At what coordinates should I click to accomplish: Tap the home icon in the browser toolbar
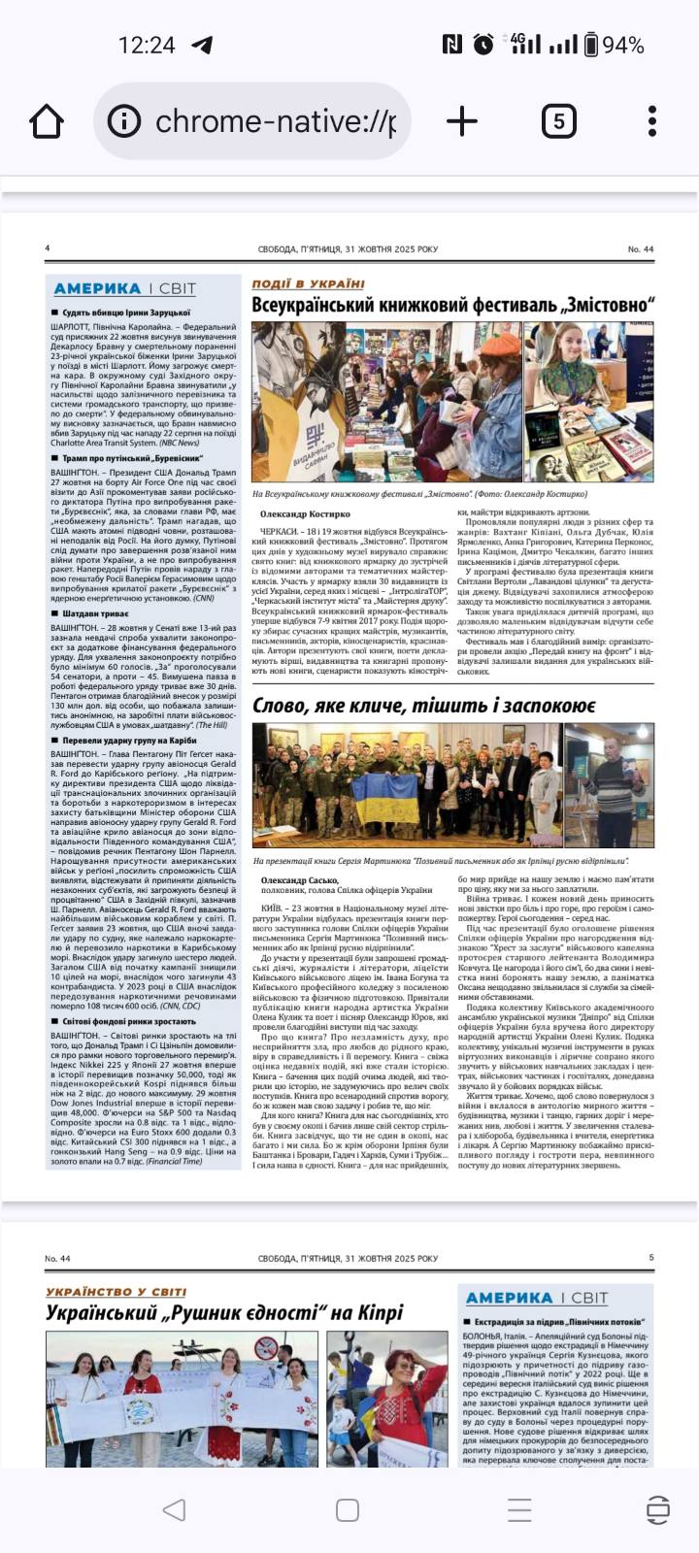point(47,121)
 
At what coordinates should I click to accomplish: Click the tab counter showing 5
point(558,121)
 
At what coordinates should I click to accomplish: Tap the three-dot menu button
point(652,121)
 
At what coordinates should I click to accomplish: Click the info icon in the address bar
point(124,121)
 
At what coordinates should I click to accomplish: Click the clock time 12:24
point(147,45)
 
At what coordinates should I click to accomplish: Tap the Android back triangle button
point(175,1509)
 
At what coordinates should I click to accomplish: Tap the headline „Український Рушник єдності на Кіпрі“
point(224,1313)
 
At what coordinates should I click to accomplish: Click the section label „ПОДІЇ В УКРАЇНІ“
point(308,283)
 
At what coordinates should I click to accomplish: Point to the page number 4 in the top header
point(48,249)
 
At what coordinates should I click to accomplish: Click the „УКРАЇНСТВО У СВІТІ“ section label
point(116,1292)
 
